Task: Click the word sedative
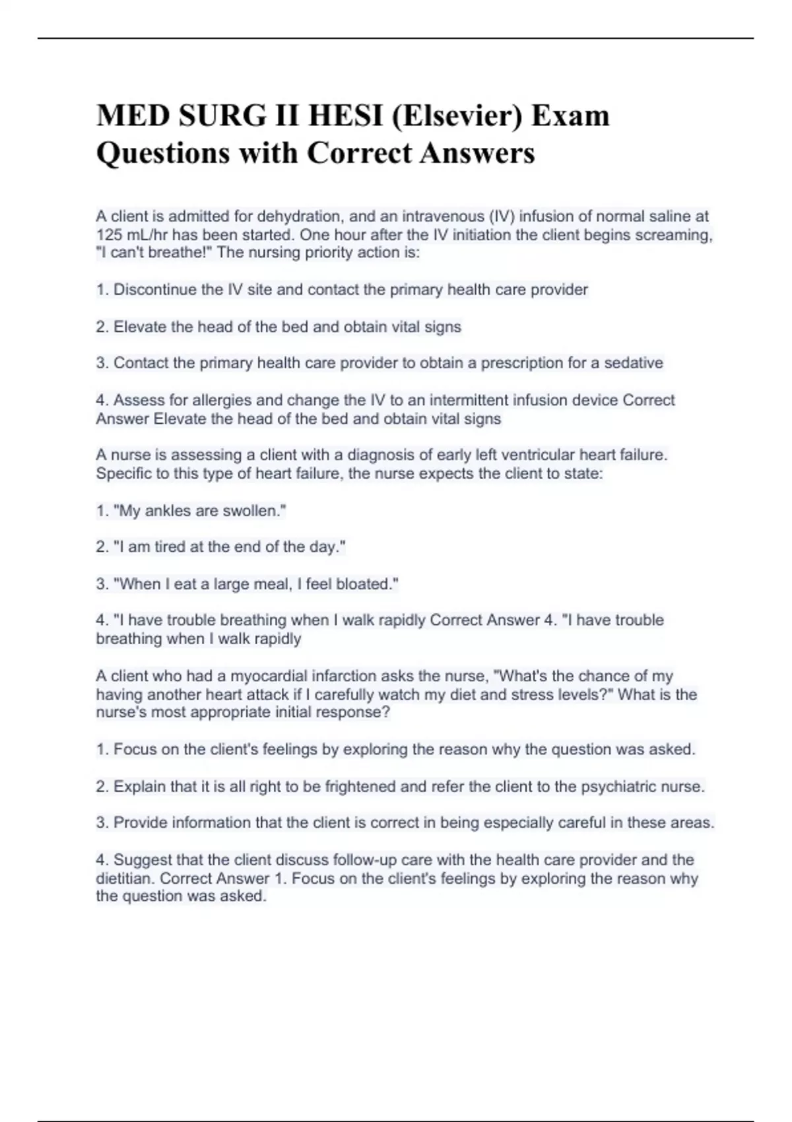(632, 363)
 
